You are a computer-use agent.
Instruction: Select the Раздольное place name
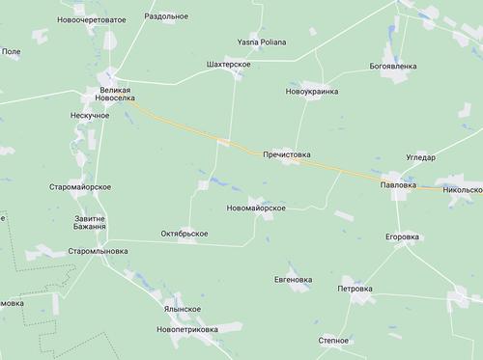pos(166,16)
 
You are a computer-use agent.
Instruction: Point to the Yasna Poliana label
pos(259,42)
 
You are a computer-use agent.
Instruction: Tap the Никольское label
pos(461,190)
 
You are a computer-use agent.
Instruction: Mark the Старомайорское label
pos(80,186)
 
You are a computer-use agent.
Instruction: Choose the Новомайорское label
pos(254,208)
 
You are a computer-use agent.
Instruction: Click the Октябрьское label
pos(185,234)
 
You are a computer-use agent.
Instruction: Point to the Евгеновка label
pos(294,280)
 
